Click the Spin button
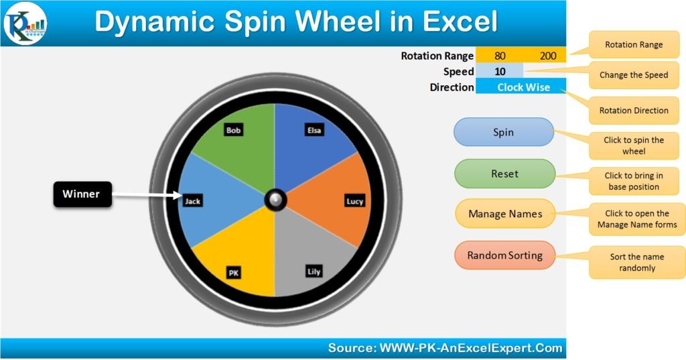pyautogui.click(x=504, y=132)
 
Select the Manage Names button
pyautogui.click(x=505, y=214)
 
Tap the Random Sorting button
pyautogui.click(x=505, y=255)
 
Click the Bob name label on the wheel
pyautogui.click(x=234, y=130)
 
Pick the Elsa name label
pyautogui.click(x=314, y=130)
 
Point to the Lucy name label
pyautogui.click(x=354, y=201)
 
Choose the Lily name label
pyautogui.click(x=314, y=272)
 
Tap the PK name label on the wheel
pyautogui.click(x=234, y=273)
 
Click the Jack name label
pyautogui.click(x=193, y=201)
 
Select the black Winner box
pyautogui.click(x=82, y=194)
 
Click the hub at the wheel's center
pyautogui.click(x=275, y=200)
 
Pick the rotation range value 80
pyautogui.click(x=500, y=56)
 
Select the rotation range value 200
pyautogui.click(x=548, y=56)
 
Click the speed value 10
pyautogui.click(x=500, y=71)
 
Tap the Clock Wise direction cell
pyautogui.click(x=523, y=87)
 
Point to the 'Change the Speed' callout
pyautogui.click(x=634, y=75)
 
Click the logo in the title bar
pyautogui.click(x=25, y=23)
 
